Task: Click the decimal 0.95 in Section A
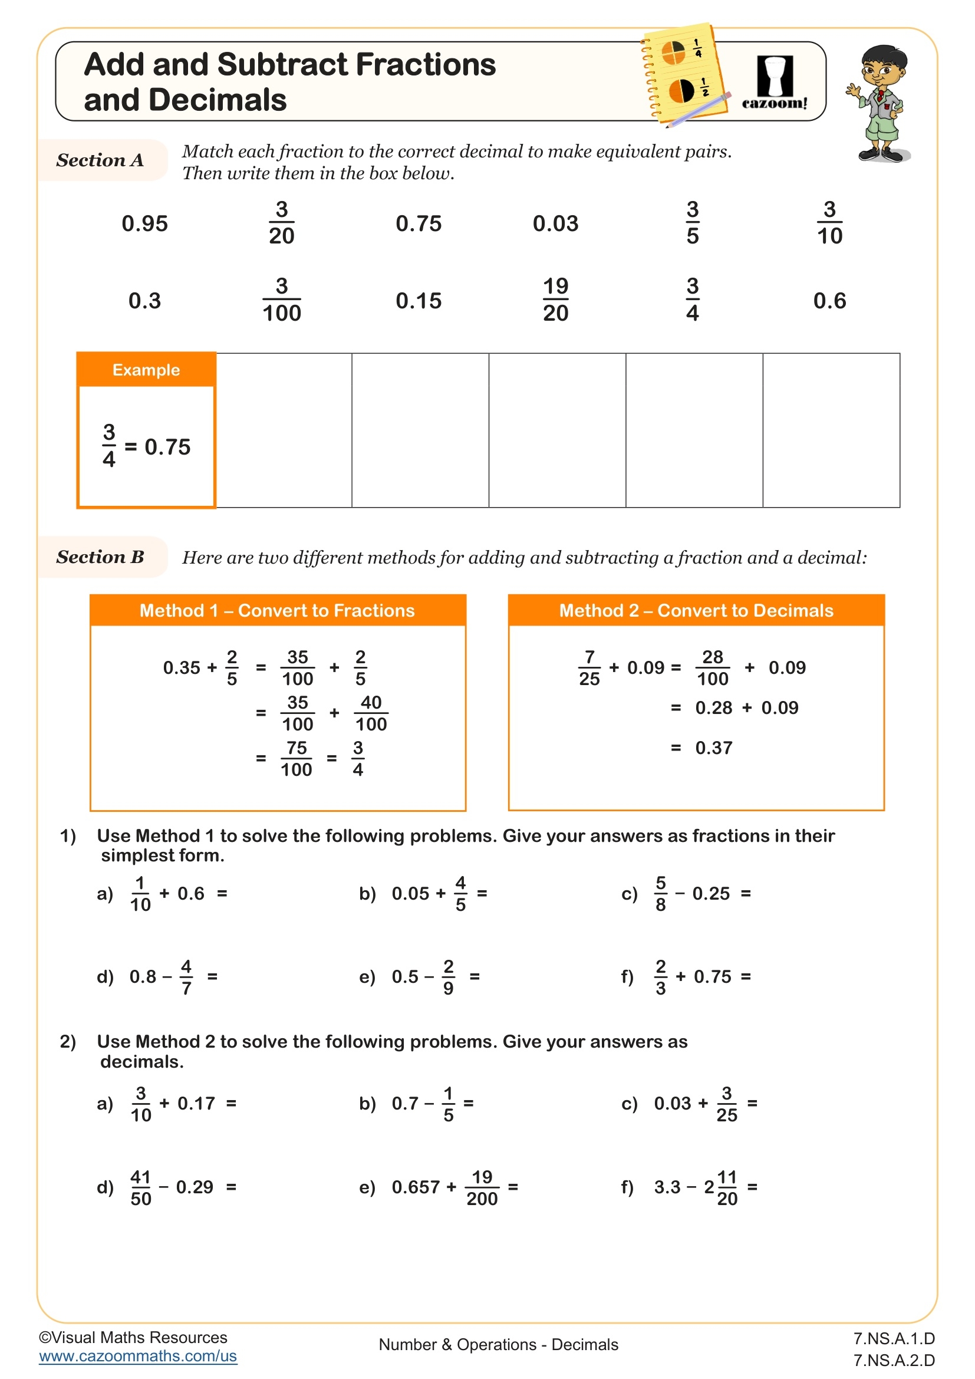pos(144,223)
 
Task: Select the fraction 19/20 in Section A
pos(555,300)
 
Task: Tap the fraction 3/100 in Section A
pos(282,300)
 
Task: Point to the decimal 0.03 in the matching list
pos(555,223)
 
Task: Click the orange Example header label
pos(146,370)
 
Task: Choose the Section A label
pos(100,160)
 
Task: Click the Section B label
pos(100,557)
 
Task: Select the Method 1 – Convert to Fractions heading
pos(278,611)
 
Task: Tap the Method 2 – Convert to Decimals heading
pos(696,611)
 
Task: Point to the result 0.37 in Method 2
pos(713,748)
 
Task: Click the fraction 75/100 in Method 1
pos(297,759)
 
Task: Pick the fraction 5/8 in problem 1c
pos(660,894)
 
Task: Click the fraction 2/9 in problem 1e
pos(448,977)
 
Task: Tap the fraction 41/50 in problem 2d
pos(140,1187)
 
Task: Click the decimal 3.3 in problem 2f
pos(667,1187)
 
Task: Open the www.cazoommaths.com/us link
pos(138,1356)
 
